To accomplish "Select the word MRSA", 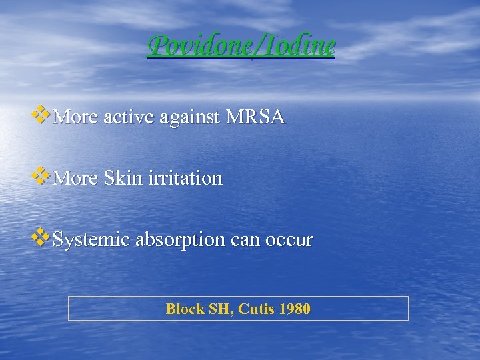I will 255,118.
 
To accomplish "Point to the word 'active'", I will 127,118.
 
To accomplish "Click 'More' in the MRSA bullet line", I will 75,118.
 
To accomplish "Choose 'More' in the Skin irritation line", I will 75,179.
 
